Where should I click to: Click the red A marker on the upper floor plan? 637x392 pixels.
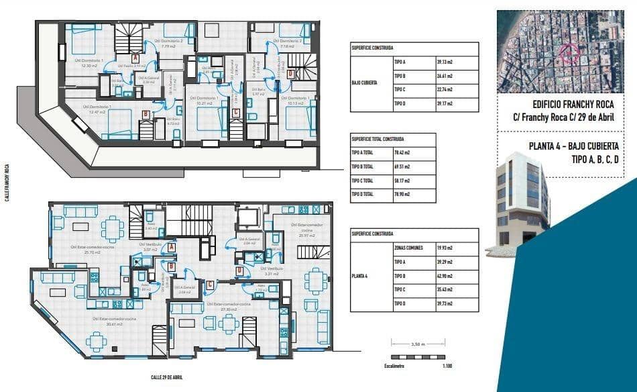(x=135, y=58)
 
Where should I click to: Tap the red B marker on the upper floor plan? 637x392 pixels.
(x=146, y=114)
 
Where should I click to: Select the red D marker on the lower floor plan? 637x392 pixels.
(x=239, y=271)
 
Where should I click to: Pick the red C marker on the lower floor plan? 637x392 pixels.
(x=210, y=284)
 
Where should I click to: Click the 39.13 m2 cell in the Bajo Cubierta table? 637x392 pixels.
(x=445, y=62)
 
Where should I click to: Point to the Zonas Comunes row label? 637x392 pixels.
(x=408, y=248)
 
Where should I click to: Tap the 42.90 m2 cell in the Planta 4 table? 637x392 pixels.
(x=445, y=276)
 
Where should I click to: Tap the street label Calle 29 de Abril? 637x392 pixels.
(x=166, y=377)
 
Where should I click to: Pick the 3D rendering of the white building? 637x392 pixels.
(x=523, y=201)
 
